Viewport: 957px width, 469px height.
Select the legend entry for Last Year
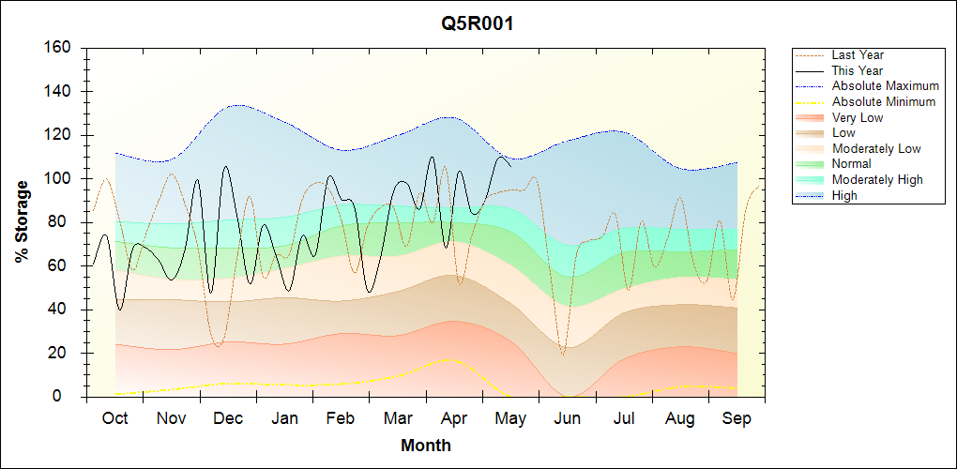tap(858, 55)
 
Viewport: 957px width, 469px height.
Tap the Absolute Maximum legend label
tap(885, 86)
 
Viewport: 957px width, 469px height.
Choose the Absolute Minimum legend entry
tap(884, 102)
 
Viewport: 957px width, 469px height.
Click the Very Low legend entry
tap(857, 117)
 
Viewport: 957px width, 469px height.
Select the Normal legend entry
tap(851, 163)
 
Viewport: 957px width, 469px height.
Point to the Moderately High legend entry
tap(877, 179)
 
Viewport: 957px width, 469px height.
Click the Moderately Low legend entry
tap(876, 148)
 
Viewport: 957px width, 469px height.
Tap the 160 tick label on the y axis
tap(58, 48)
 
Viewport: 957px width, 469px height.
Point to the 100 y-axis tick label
tap(58, 179)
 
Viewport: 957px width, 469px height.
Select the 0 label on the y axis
tap(67, 397)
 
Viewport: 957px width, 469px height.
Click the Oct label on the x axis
tap(114, 419)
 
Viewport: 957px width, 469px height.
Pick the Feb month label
tap(341, 419)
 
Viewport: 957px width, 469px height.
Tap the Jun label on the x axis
tap(567, 419)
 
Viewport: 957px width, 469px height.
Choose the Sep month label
tap(737, 419)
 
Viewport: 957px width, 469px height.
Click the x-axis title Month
tap(426, 446)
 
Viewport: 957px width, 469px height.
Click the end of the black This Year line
tap(510, 165)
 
